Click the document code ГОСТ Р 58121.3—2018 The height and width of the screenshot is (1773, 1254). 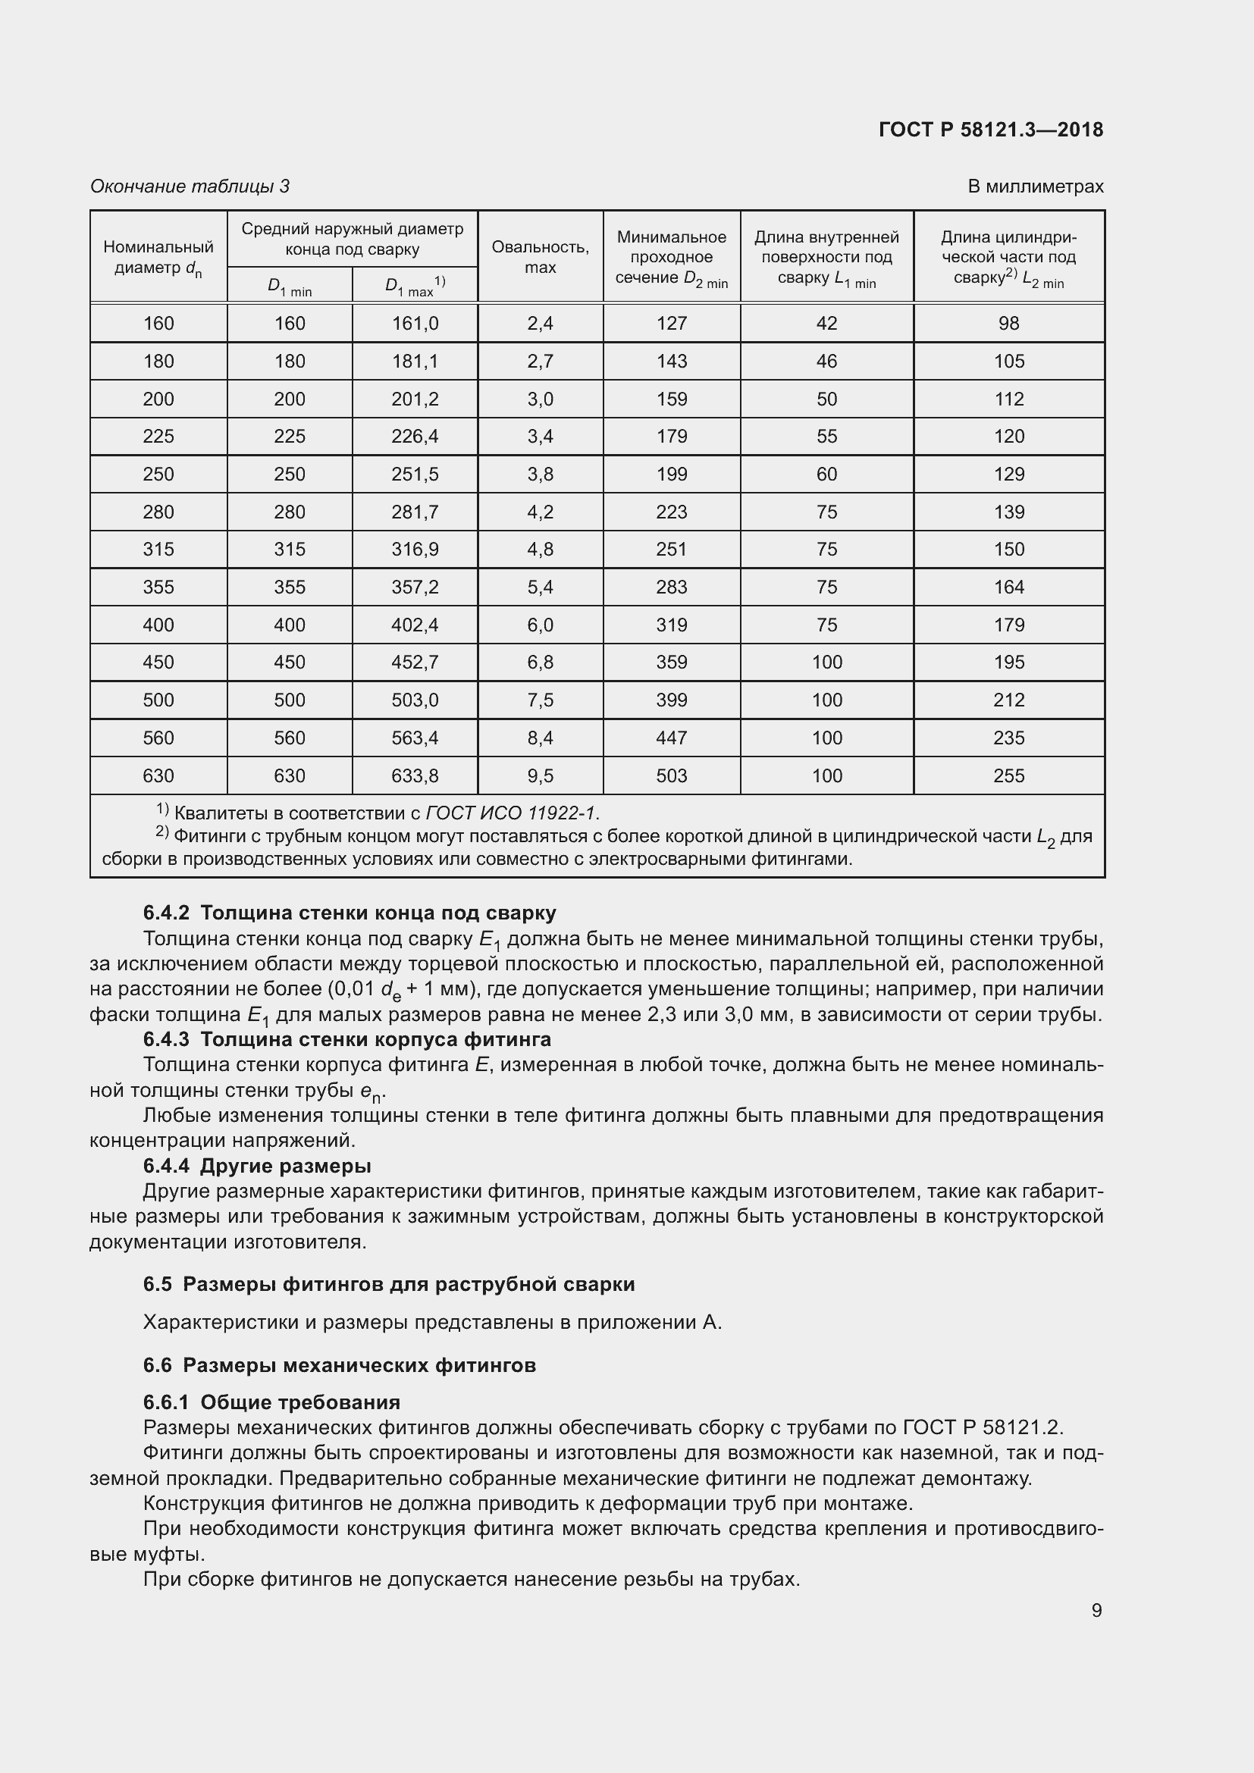click(991, 130)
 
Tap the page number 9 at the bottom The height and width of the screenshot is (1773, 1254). click(1096, 1610)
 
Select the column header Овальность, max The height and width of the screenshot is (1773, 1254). click(540, 256)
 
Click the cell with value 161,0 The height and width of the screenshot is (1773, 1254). click(415, 324)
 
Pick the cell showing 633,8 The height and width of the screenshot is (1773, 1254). click(415, 775)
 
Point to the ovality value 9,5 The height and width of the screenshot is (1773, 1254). click(540, 775)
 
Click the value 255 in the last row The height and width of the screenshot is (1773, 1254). click(1008, 775)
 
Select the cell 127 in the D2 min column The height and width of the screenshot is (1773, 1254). click(671, 324)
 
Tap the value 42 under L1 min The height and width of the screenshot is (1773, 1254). click(826, 324)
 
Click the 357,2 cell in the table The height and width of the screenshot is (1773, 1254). click(415, 587)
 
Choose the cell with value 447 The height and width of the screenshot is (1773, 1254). click(671, 738)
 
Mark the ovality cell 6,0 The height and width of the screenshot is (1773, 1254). click(540, 625)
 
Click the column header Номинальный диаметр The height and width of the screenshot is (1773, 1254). click(158, 257)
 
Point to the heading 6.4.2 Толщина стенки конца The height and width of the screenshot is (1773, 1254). click(349, 913)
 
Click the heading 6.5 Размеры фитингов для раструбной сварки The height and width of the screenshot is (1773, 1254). click(388, 1284)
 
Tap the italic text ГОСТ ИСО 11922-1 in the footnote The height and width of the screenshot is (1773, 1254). click(511, 813)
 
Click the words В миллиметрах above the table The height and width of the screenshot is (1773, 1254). click(1035, 186)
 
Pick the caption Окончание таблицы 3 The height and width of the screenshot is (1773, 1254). click(190, 186)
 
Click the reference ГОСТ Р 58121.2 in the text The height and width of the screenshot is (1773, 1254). click(982, 1427)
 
